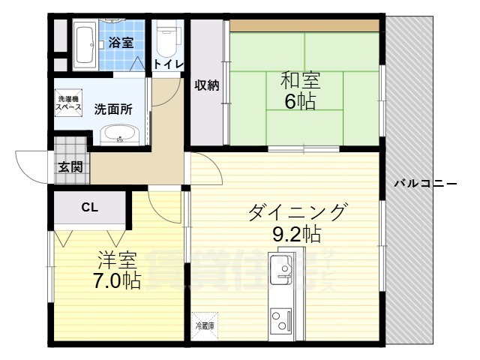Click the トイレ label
[168, 64]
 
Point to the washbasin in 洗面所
[119, 135]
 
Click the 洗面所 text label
[113, 109]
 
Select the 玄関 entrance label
[70, 166]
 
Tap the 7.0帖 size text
[117, 281]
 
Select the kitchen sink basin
[281, 268]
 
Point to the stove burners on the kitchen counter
[280, 321]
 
